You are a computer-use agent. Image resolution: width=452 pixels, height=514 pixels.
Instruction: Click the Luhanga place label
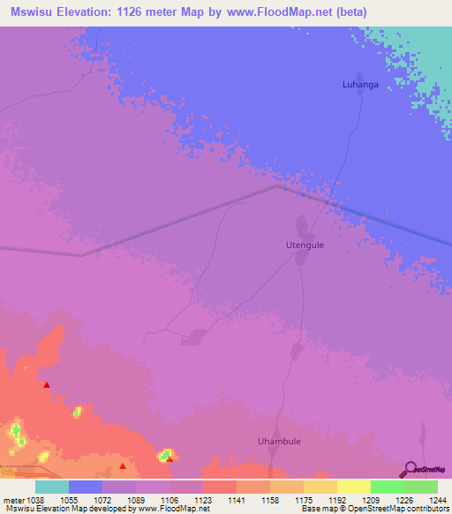pos(360,85)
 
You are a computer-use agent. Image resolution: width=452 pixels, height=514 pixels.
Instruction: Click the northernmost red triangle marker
pos(46,385)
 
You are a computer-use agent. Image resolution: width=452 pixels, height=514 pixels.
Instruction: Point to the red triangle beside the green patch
pos(169,458)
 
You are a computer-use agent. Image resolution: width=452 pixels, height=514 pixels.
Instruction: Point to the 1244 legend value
pos(436,499)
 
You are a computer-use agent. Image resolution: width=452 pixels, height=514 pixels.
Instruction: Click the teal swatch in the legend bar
pos(52,487)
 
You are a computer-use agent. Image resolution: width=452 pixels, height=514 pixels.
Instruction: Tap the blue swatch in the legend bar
pos(86,487)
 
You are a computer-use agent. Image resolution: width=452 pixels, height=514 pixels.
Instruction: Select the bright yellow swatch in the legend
pos(354,487)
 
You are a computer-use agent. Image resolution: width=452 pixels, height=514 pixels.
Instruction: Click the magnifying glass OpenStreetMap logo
pos(410,470)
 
